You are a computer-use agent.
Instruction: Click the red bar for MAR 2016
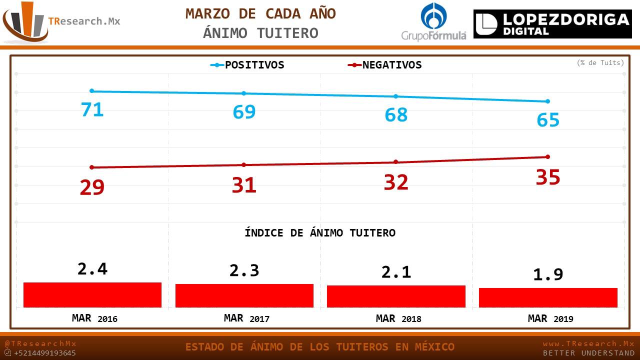click(x=92, y=295)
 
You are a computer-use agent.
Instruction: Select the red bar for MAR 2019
click(x=548, y=297)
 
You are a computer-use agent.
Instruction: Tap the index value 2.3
click(x=244, y=270)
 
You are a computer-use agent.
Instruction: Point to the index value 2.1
click(x=396, y=272)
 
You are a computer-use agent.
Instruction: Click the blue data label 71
click(x=92, y=109)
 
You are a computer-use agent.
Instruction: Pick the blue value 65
click(x=548, y=120)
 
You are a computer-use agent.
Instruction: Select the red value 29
click(x=92, y=187)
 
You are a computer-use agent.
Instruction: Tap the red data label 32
click(x=396, y=182)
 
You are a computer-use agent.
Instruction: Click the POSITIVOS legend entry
click(x=247, y=65)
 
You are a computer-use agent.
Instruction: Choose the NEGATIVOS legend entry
click(x=385, y=65)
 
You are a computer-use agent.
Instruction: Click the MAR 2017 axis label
click(x=246, y=318)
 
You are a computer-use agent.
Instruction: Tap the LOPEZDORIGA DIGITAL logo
click(x=552, y=24)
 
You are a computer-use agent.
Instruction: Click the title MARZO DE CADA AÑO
click(x=260, y=14)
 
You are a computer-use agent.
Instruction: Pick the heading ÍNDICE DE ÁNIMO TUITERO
click(x=320, y=233)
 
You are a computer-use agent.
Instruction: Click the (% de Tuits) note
click(x=600, y=63)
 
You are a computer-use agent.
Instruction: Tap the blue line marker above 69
click(x=244, y=93)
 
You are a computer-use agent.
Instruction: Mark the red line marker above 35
click(x=548, y=156)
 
